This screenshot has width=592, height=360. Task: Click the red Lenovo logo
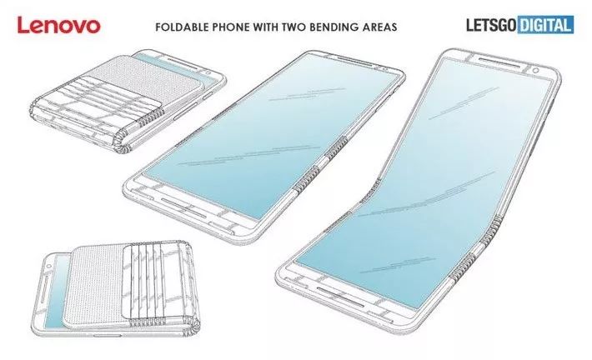click(58, 25)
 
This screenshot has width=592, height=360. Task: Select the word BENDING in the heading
click(332, 27)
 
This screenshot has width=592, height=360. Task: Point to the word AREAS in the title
click(378, 27)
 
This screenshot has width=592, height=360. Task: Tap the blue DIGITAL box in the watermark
click(546, 25)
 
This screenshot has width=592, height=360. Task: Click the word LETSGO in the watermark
click(492, 25)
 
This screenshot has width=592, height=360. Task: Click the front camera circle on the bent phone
click(535, 71)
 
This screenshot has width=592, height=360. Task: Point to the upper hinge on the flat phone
click(337, 146)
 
